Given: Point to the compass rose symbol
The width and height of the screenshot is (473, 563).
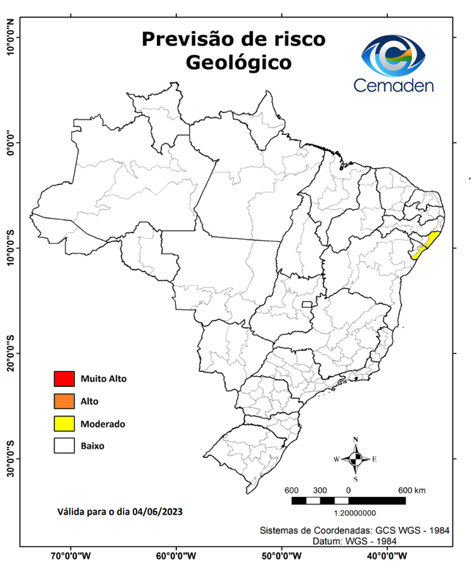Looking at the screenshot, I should [356, 460].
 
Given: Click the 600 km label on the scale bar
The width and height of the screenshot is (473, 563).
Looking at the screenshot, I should [411, 490].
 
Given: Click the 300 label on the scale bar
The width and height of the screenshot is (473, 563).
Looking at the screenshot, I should [320, 490].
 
